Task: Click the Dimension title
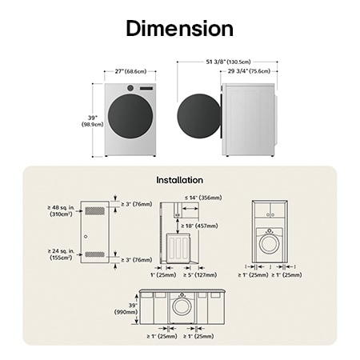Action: click(x=180, y=29)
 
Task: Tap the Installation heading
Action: click(x=179, y=180)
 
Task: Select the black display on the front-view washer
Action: click(x=146, y=88)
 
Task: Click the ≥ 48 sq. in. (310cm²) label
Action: click(x=61, y=210)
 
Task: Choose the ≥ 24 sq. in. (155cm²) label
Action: click(x=61, y=255)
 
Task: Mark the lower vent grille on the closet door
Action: click(x=94, y=254)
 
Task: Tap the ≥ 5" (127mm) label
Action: click(x=200, y=275)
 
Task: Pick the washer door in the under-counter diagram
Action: click(x=182, y=306)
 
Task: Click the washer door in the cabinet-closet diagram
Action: click(x=271, y=241)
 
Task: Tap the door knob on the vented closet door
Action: click(x=85, y=238)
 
